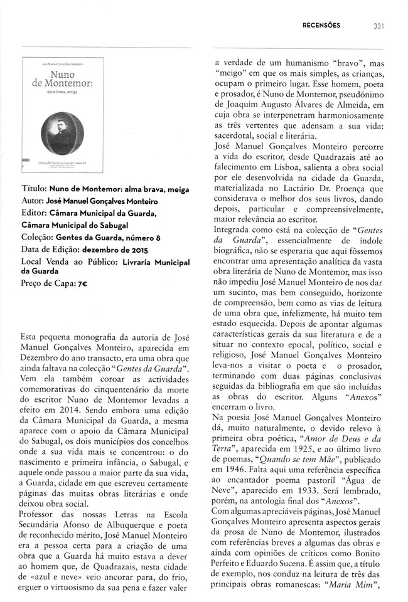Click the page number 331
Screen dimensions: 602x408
378,26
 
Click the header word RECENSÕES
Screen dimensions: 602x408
321,26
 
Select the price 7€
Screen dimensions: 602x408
82,283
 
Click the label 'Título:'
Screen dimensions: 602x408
36,189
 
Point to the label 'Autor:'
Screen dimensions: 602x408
35,201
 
